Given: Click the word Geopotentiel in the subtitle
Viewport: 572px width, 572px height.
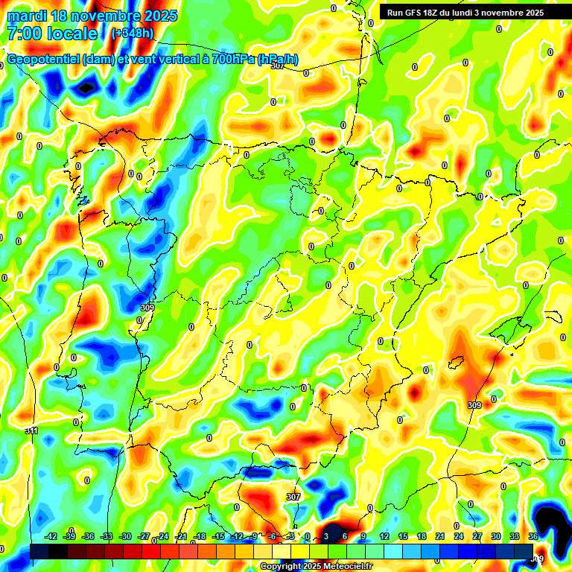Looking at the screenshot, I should (x=44, y=60).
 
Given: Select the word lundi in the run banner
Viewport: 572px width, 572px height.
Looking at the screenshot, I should (x=468, y=13).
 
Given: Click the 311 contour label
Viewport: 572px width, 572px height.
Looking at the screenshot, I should (x=31, y=430).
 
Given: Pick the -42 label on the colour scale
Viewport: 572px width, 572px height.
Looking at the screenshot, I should (x=51, y=536).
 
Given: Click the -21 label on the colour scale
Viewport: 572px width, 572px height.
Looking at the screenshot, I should (x=181, y=536).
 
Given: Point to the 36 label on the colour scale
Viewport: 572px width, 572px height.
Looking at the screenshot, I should (x=533, y=536).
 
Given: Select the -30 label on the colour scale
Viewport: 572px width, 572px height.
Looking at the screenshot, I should (x=125, y=536).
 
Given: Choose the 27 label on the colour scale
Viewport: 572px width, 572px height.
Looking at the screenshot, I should (x=477, y=536).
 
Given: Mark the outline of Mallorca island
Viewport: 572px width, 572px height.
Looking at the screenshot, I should (x=457, y=363).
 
